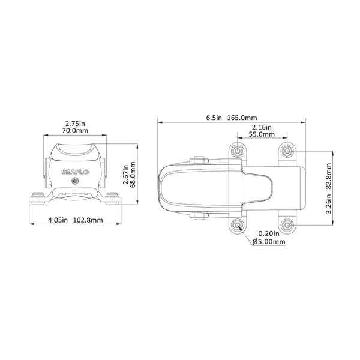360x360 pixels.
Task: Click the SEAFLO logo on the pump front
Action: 73,172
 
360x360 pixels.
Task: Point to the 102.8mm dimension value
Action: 88,220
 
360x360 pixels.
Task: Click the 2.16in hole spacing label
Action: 262,128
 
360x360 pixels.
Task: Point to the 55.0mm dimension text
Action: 262,136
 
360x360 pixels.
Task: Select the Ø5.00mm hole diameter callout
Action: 269,242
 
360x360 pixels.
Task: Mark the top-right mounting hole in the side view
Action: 287,149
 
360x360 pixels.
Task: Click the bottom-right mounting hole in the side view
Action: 287,226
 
